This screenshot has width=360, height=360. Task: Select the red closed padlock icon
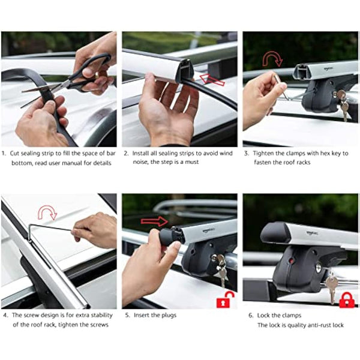pos(346,299)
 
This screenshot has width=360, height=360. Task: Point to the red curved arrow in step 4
pos(46,212)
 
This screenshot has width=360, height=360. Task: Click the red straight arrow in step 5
pos(154,221)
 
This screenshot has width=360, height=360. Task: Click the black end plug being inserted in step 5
pos(166,235)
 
